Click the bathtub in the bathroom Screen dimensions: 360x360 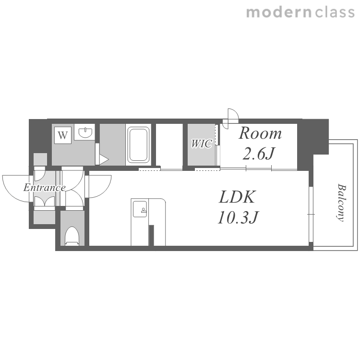click(x=138, y=144)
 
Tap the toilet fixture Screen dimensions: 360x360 click(x=72, y=236)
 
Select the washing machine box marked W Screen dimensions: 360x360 click(x=63, y=135)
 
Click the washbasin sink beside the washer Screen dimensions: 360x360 click(x=85, y=132)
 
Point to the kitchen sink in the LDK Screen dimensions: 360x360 click(x=140, y=209)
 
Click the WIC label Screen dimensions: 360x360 click(x=201, y=144)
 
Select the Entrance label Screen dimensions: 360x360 click(x=45, y=188)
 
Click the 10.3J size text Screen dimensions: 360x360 click(x=238, y=217)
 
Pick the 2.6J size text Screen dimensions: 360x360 click(x=259, y=153)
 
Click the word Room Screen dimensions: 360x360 click(x=260, y=133)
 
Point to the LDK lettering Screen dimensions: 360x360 click(x=237, y=197)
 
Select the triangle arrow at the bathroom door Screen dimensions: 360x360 click(x=104, y=159)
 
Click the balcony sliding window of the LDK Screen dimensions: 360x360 click(x=311, y=214)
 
